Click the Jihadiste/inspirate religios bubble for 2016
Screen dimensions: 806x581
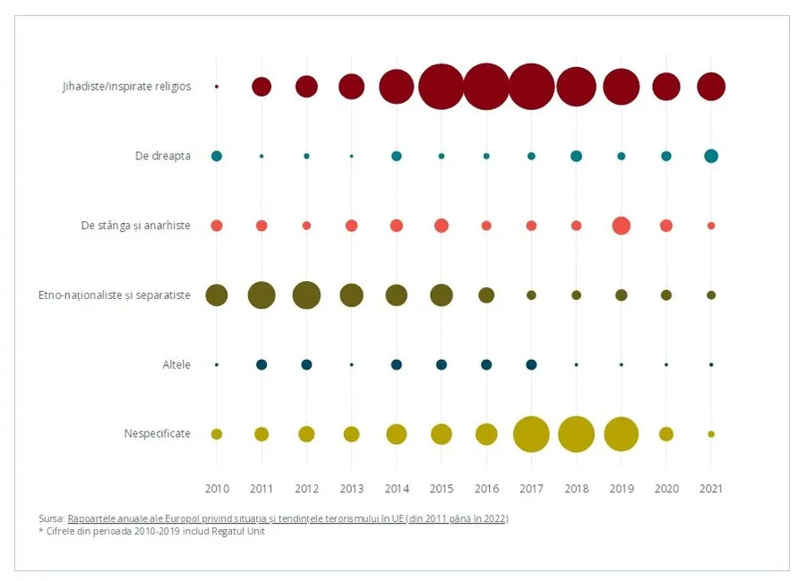click(486, 87)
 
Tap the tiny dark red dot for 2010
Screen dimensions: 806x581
click(217, 87)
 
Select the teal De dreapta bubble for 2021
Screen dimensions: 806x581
click(711, 156)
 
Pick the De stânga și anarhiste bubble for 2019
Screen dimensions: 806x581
click(622, 226)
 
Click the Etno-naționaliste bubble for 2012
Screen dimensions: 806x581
click(306, 295)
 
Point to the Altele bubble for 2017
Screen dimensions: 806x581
click(531, 364)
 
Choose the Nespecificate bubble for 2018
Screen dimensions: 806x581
click(576, 434)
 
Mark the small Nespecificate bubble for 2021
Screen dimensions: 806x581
click(711, 434)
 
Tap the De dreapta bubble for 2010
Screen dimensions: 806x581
click(217, 156)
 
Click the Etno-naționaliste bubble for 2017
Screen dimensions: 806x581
click(531, 295)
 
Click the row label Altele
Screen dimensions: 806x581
click(176, 364)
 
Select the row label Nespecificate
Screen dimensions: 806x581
click(158, 433)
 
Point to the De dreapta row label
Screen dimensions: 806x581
click(162, 156)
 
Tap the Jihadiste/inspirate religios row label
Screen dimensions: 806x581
click(126, 86)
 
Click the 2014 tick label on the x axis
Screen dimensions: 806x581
click(397, 489)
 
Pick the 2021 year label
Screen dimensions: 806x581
click(711, 489)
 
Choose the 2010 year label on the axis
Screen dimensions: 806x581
click(217, 489)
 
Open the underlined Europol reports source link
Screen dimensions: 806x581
click(287, 518)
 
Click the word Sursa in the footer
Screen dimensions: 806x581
click(51, 518)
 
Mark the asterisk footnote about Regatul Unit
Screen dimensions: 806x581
click(151, 531)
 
